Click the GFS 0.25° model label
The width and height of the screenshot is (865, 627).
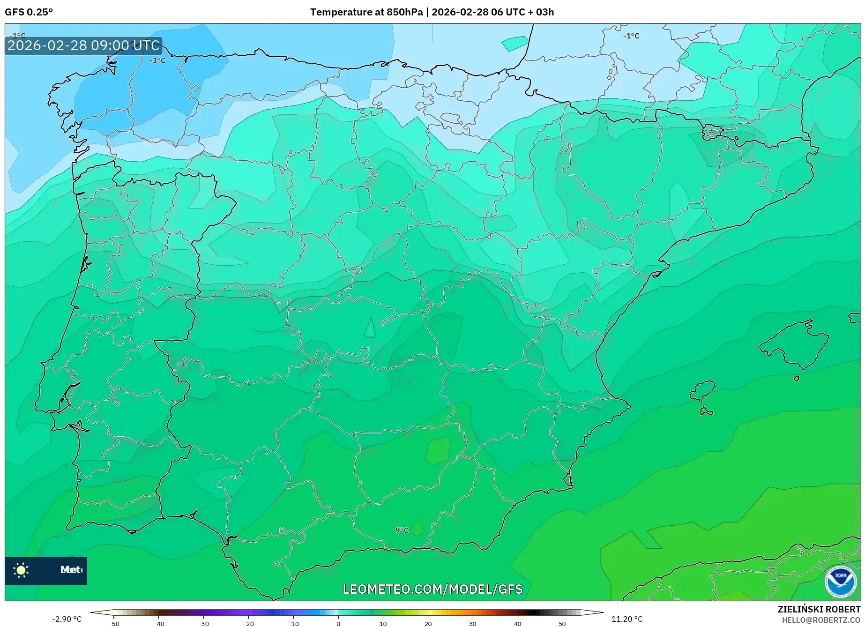[x=29, y=12]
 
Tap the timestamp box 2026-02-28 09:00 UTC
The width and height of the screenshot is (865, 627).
[x=83, y=45]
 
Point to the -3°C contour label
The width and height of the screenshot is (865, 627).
[x=157, y=60]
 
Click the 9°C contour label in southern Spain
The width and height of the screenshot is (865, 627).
[x=402, y=530]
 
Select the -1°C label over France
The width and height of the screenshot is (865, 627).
[x=631, y=36]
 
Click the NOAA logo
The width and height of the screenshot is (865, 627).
[x=840, y=582]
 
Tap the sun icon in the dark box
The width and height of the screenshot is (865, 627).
[x=21, y=570]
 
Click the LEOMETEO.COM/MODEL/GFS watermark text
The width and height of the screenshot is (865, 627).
[x=432, y=589]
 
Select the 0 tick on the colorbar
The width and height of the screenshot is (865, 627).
[x=338, y=623]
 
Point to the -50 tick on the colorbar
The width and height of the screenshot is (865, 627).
[x=114, y=623]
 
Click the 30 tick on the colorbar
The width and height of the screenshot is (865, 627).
[x=472, y=623]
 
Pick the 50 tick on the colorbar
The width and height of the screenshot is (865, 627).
[x=562, y=623]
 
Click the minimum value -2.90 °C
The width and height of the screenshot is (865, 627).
[x=67, y=619]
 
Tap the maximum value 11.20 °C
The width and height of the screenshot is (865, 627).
[x=627, y=619]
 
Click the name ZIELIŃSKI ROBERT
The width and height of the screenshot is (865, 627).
[x=819, y=609]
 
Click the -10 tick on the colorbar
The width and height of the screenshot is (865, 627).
[x=293, y=623]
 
